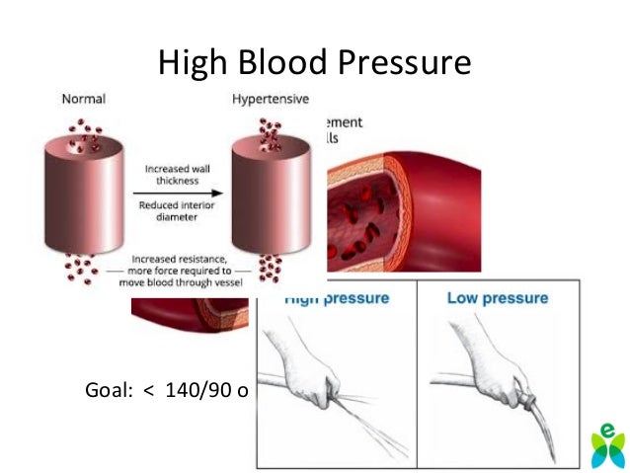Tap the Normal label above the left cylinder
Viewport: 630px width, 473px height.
83,99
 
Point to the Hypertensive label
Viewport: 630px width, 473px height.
270,99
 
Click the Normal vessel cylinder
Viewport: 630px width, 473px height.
84,197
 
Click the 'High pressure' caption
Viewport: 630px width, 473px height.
336,297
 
